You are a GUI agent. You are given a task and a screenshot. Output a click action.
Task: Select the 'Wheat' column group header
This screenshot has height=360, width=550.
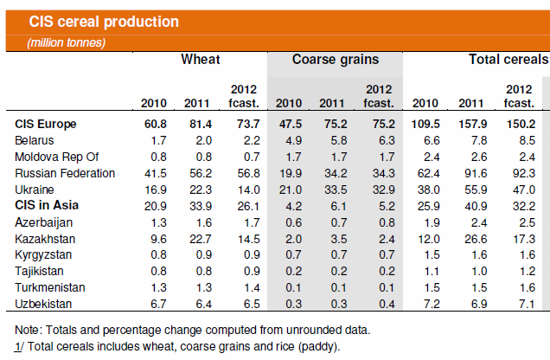pyautogui.click(x=200, y=60)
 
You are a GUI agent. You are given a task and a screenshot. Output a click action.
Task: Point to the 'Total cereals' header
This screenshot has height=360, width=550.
pyautogui.click(x=508, y=60)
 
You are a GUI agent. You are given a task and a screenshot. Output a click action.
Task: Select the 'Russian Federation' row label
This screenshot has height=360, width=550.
pyautogui.click(x=65, y=173)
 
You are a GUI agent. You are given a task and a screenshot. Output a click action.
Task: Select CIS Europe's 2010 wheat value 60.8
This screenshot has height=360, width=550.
pyautogui.click(x=152, y=124)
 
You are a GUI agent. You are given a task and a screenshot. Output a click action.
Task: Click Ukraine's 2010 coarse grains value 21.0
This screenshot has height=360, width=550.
pyautogui.click(x=288, y=190)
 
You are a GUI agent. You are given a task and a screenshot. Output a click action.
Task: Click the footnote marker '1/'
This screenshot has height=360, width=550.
pyautogui.click(x=21, y=347)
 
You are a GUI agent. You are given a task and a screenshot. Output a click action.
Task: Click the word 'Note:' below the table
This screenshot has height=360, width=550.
pyautogui.click(x=30, y=331)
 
